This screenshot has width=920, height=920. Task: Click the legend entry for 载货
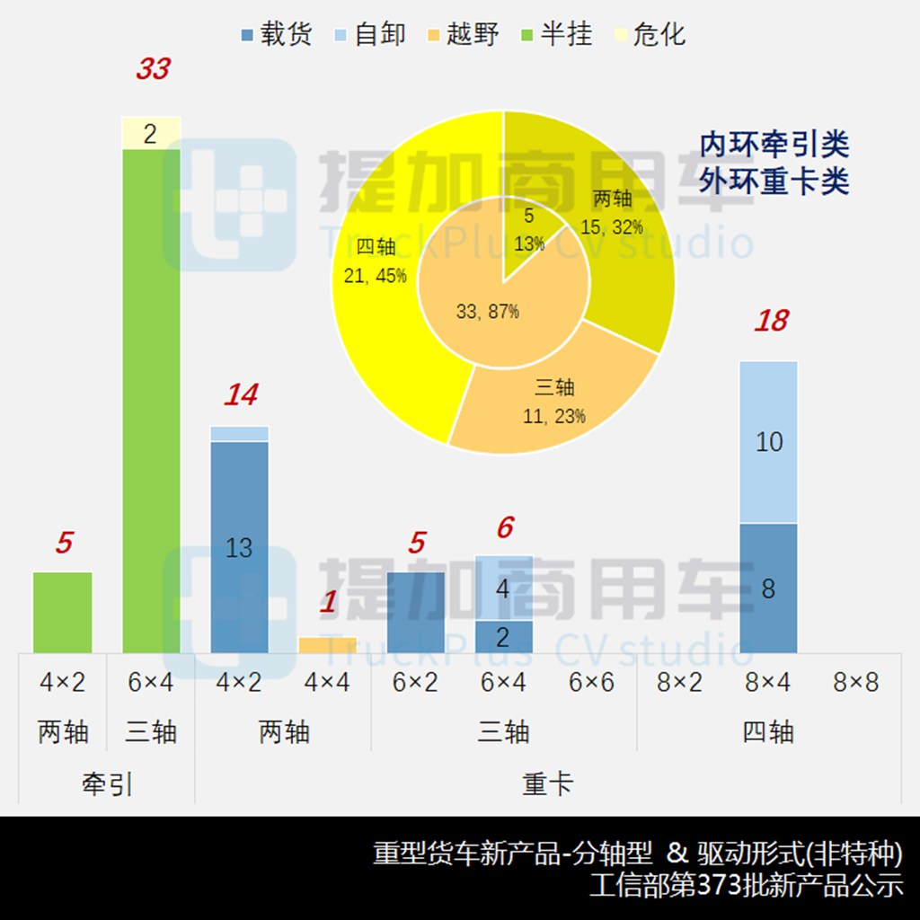coord(277,34)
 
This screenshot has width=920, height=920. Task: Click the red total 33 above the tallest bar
coord(152,69)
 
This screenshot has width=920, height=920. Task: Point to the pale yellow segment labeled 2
coord(151,133)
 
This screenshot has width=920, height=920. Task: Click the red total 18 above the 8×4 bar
coord(770,321)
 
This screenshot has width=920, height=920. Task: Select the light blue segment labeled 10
coord(769,442)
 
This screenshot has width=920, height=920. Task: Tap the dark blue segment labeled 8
coord(769,588)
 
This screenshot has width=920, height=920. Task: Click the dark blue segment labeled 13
coord(239,547)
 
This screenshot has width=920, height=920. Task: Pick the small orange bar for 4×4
coord(327,645)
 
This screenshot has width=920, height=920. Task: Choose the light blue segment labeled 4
coord(503,588)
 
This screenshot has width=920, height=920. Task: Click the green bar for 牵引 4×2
coord(63,612)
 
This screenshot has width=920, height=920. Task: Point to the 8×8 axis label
coord(854,683)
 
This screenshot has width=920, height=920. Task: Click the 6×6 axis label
coord(591,683)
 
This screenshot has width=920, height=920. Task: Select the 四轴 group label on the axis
coord(768,732)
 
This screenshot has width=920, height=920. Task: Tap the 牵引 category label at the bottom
coord(107,784)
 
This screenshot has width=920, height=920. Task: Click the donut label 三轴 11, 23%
coord(554,402)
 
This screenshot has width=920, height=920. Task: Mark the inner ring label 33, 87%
coord(487,312)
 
